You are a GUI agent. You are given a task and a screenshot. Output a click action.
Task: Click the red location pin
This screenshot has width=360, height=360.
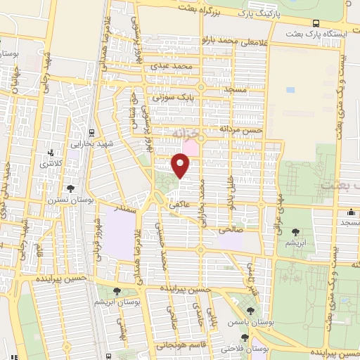[x=181, y=166]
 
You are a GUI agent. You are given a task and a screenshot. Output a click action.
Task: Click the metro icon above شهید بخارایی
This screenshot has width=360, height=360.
[x=91, y=133]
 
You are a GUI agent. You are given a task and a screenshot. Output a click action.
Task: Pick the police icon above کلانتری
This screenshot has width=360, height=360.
[x=51, y=153]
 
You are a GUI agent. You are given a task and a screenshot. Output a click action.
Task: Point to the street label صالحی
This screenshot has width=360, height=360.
[x=231, y=229]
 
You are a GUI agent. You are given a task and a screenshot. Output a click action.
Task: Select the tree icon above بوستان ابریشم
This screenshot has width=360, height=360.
[x=117, y=292]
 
